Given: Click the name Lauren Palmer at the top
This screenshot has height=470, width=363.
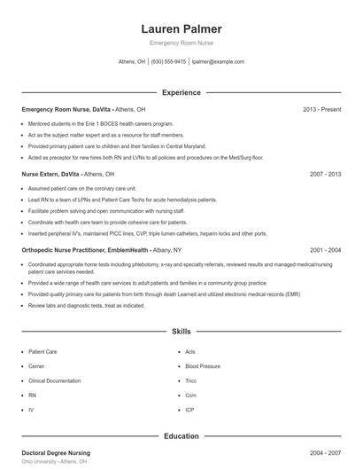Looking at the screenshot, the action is click(x=181, y=29).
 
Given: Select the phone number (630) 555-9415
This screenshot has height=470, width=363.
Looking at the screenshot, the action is click(x=168, y=62).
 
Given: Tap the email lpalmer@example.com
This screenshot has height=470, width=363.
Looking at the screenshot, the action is click(x=218, y=62).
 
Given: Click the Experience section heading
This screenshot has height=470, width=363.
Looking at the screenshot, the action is click(x=181, y=92).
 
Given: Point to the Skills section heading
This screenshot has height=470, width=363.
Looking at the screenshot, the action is click(x=181, y=331).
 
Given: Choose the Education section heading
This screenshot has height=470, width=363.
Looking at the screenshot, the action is click(x=181, y=436).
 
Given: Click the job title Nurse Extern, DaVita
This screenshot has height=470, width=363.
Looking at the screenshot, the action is click(x=54, y=175).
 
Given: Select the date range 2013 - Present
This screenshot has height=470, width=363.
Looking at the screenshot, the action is click(x=321, y=109).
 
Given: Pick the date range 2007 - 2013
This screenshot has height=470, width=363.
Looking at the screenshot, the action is click(x=325, y=175).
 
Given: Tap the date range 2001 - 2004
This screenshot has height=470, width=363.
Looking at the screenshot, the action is click(x=325, y=250).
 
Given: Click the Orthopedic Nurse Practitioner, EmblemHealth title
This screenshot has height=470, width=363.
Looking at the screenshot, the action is click(x=85, y=250).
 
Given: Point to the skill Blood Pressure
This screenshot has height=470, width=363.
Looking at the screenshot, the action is click(x=203, y=365).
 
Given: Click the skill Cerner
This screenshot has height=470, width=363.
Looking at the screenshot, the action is click(x=36, y=365).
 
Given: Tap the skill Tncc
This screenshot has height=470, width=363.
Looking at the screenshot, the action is click(x=191, y=380).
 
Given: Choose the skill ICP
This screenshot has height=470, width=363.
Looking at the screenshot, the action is click(x=190, y=410).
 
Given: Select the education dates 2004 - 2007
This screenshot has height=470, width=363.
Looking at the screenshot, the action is click(x=325, y=453).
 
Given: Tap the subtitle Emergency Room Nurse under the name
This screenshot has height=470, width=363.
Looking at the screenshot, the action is click(x=181, y=43).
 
